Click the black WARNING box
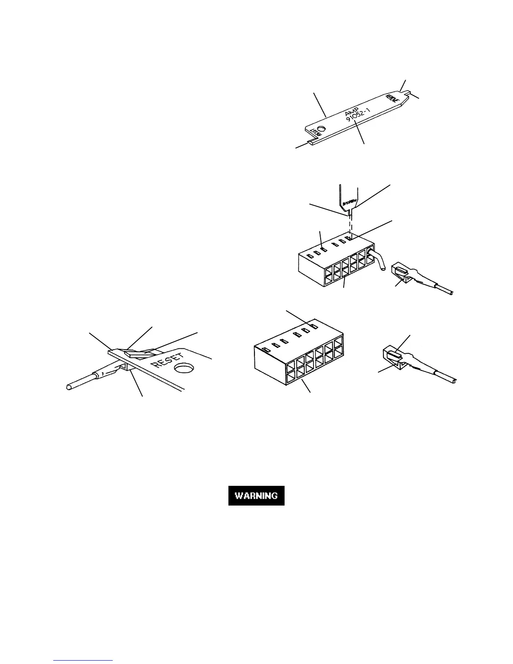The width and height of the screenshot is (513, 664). coord(256,495)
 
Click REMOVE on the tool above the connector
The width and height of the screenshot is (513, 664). coord(350,202)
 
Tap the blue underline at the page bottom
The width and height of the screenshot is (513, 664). coord(83,661)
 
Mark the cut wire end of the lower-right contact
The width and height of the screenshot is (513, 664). coord(454,381)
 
